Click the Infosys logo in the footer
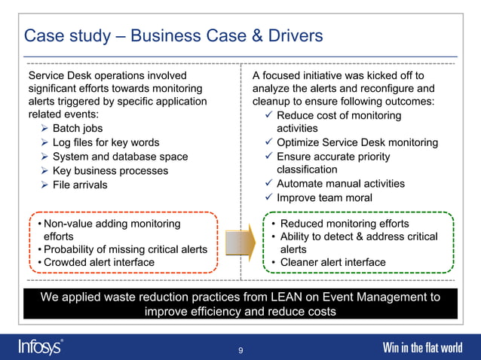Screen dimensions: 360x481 click(x=41, y=347)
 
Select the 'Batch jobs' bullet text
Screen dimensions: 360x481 click(x=78, y=130)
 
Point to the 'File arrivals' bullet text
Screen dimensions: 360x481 click(x=80, y=185)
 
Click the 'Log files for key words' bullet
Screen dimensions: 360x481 click(x=106, y=143)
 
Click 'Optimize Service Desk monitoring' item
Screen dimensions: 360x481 click(x=357, y=143)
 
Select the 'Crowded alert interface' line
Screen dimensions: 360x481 click(x=99, y=263)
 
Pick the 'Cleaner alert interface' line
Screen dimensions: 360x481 click(x=332, y=263)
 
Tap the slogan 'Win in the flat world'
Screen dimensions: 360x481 click(x=422, y=348)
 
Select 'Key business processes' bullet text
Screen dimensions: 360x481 click(x=111, y=171)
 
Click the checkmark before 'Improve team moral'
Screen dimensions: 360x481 click(x=269, y=198)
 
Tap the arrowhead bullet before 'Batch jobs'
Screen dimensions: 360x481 click(x=45, y=130)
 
